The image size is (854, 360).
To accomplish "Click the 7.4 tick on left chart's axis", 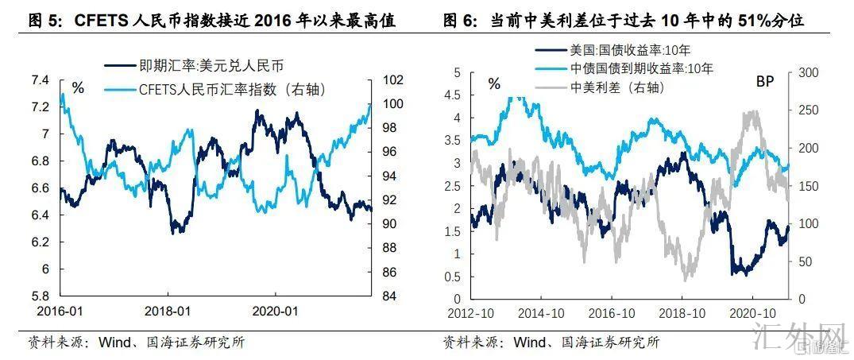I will tap(39, 80).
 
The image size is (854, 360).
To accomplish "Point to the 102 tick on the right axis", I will tap(393, 80).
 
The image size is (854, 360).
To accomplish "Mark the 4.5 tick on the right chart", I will tap(458, 95).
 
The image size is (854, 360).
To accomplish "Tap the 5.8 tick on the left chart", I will tap(39, 296).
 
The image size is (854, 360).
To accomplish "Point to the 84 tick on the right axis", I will tap(391, 296).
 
